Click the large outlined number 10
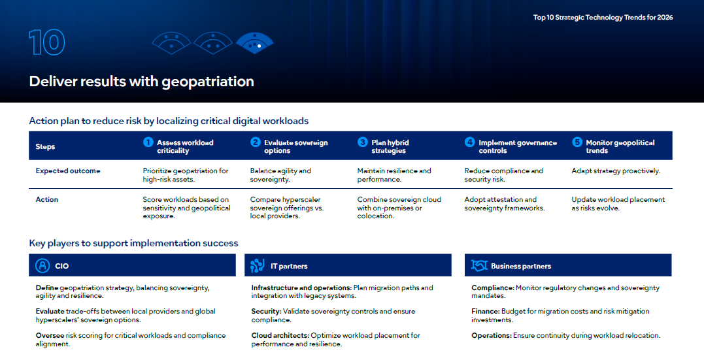click(47, 42)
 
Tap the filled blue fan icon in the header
click(254, 43)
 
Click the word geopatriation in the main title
click(207, 82)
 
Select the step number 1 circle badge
click(148, 142)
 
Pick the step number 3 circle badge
click(363, 142)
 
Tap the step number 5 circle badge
click(577, 142)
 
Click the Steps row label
click(45, 147)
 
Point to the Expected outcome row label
click(68, 171)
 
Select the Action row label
click(46, 199)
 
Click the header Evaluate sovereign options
click(296, 146)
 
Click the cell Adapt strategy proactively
click(616, 171)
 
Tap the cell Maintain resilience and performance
click(394, 175)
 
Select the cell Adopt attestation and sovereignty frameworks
click(505, 204)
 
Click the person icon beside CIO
click(42, 266)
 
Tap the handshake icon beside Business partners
click(480, 266)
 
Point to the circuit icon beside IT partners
click(258, 266)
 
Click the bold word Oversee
click(50, 336)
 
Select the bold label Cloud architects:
click(280, 336)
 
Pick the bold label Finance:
click(485, 312)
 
